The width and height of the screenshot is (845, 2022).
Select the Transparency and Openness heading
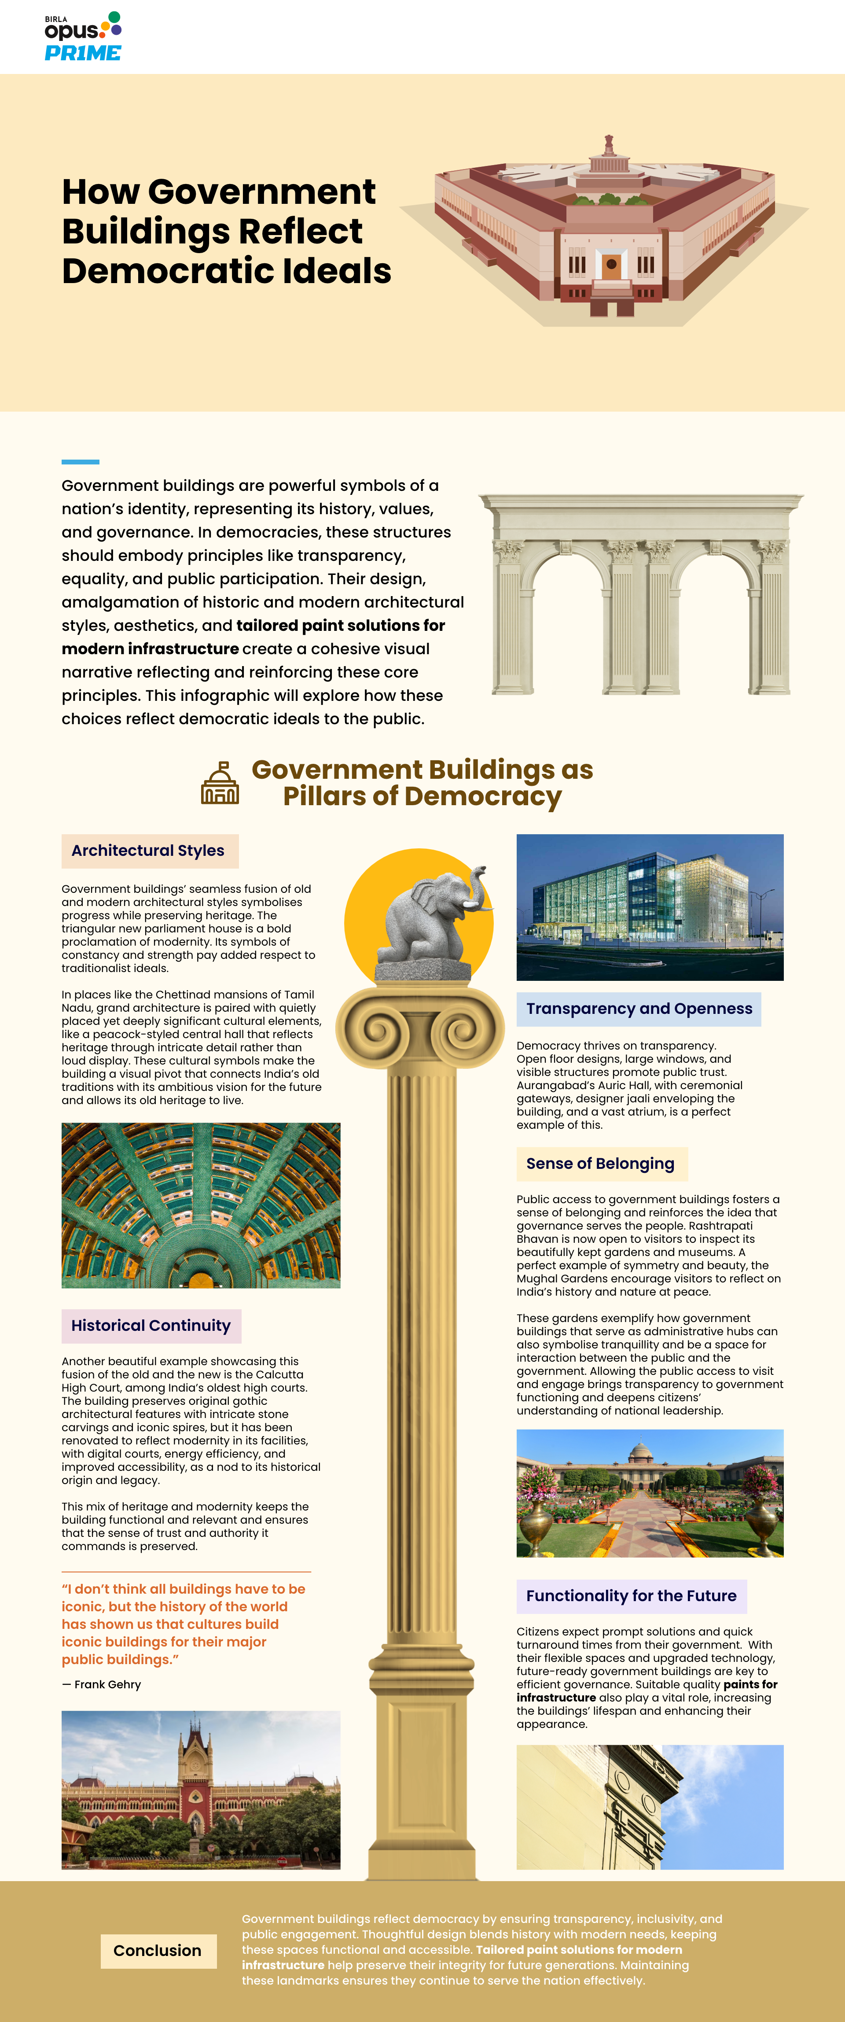coord(639,1009)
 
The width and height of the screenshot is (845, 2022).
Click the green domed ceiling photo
coord(201,1205)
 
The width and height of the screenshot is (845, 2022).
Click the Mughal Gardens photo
coord(650,1493)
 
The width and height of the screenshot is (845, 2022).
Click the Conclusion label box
coord(158,1951)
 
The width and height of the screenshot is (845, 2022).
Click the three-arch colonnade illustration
coord(641,595)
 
